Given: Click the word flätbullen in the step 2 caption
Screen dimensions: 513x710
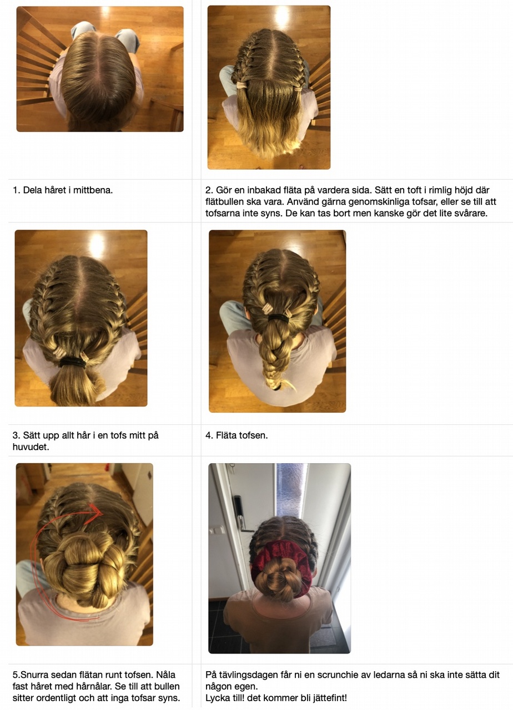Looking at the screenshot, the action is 222,201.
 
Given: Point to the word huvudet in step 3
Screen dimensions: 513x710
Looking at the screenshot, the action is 31,447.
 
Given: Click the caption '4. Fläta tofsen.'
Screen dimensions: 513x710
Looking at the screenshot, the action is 237,435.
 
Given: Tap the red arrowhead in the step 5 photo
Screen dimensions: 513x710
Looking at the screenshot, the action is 96,510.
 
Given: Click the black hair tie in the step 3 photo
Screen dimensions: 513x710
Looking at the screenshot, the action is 72,362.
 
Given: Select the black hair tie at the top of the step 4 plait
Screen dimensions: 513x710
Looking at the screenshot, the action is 279,318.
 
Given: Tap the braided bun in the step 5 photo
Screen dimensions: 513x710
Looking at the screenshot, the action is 84,569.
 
